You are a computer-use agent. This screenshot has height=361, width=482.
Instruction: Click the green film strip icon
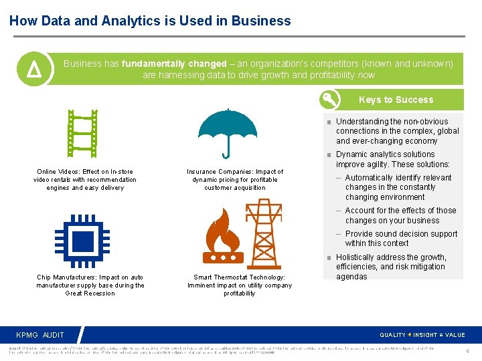84,132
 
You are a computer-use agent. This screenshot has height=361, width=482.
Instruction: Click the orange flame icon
226,238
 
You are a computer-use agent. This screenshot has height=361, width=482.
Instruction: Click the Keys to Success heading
396,100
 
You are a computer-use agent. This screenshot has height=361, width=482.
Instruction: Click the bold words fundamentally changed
174,64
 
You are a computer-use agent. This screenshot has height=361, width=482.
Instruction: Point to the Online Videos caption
84,180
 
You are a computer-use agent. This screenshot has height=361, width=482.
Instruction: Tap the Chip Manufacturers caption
90,285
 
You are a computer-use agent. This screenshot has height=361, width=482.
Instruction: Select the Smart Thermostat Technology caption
239,285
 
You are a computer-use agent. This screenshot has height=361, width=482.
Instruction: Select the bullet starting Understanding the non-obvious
397,131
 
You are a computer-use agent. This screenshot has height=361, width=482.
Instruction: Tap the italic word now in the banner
366,76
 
